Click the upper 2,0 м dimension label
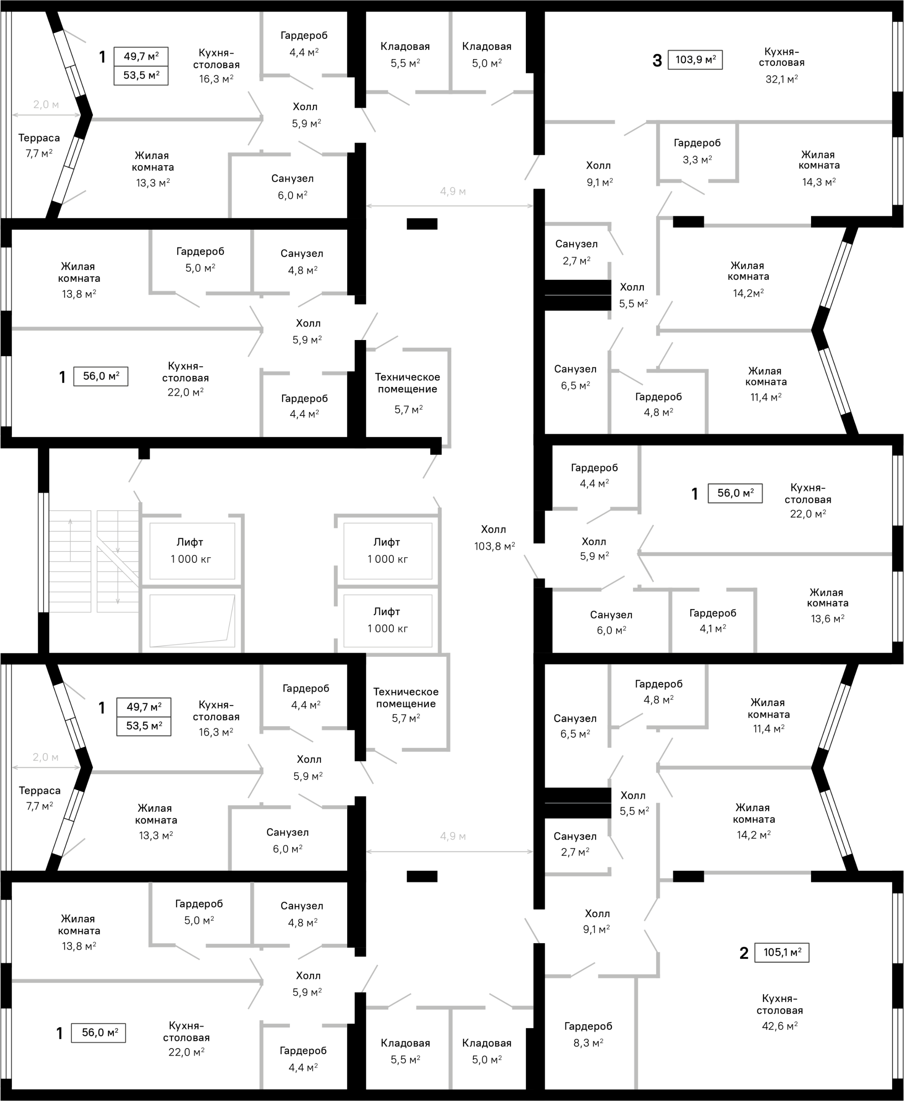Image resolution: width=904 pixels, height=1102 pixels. [x=46, y=105]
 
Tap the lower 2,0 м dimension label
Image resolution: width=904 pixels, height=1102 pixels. [x=45, y=757]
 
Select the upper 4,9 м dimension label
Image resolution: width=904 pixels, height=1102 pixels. [x=453, y=192]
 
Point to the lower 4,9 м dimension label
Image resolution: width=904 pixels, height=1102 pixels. [x=453, y=837]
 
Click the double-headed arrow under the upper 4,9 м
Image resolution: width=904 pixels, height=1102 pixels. [x=449, y=206]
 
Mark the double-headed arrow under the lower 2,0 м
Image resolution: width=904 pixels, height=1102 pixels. [x=46, y=767]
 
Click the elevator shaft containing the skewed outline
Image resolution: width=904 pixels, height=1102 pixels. [x=192, y=621]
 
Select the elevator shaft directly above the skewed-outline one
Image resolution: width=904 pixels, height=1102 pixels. [x=192, y=551]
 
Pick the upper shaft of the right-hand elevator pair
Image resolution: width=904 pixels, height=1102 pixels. [x=387, y=551]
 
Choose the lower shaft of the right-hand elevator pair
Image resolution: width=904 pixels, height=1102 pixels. [x=387, y=621]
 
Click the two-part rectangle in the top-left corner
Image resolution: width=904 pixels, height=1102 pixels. [x=141, y=66]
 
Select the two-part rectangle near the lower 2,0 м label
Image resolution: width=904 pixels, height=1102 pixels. [x=144, y=717]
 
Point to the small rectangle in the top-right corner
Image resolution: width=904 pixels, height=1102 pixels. [x=695, y=60]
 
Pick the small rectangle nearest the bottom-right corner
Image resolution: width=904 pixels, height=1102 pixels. [x=782, y=952]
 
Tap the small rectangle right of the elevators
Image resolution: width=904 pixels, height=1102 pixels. [x=735, y=493]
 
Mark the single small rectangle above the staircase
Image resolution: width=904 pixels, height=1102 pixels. [x=101, y=376]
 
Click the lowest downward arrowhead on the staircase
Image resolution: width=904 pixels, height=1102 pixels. [x=118, y=602]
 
